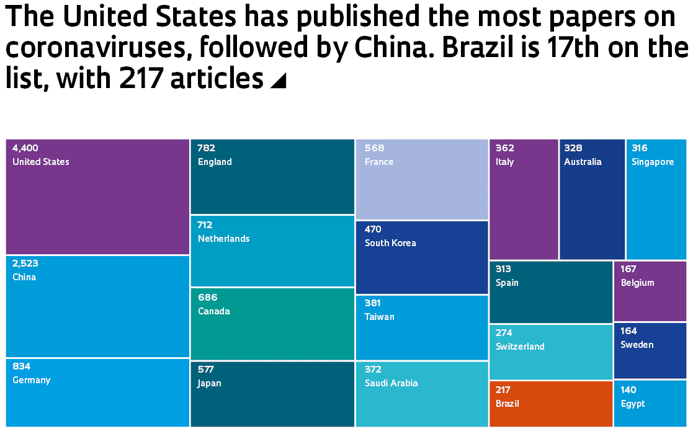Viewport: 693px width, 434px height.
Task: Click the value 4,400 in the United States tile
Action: tap(25, 148)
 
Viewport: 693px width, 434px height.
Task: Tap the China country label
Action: tap(24, 277)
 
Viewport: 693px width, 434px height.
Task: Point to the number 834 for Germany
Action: tap(21, 366)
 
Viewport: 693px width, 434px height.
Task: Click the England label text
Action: tap(215, 162)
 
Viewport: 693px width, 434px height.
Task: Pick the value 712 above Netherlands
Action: tap(205, 225)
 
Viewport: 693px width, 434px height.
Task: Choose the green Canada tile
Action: tap(272, 324)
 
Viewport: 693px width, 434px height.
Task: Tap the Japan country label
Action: tap(209, 383)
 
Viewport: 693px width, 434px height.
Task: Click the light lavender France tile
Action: tap(422, 179)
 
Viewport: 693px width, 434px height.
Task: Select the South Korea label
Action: tap(390, 243)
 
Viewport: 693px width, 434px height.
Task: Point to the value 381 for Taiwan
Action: tap(373, 303)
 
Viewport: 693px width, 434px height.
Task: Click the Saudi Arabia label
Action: tap(391, 383)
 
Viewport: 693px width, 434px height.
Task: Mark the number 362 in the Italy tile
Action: tap(505, 148)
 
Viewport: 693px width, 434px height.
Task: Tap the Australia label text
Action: tap(583, 162)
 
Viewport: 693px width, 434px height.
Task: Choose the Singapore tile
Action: tap(656, 199)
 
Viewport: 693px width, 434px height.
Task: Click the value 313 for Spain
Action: tap(503, 269)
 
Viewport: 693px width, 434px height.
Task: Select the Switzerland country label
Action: tap(520, 347)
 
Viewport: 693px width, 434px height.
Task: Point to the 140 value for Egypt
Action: tap(628, 390)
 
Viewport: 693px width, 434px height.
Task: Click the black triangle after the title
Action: tap(279, 81)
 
